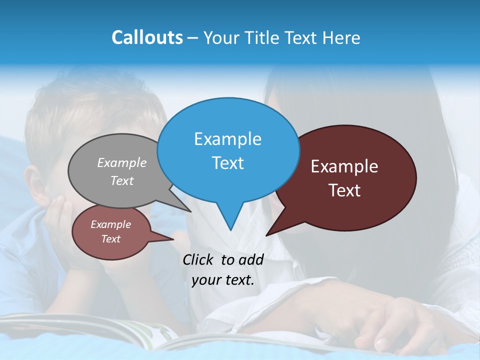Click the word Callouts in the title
tap(147, 37)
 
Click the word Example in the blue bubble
tap(227, 139)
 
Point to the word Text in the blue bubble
tap(227, 163)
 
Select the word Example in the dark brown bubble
tap(344, 166)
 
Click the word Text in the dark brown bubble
tap(344, 190)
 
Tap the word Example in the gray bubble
tap(122, 162)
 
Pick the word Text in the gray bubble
tap(122, 180)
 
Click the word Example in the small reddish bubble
tap(111, 224)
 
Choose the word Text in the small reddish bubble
tap(111, 239)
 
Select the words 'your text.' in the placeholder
tap(223, 280)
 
